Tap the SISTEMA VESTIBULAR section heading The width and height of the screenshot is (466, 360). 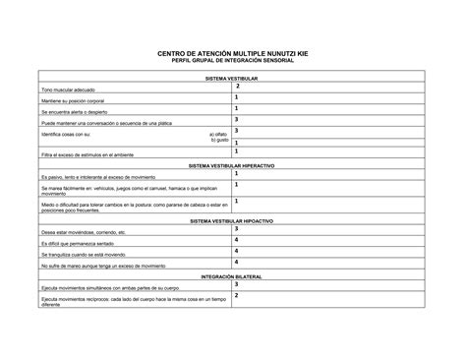(232, 77)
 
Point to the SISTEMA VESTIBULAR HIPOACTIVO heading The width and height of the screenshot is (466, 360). (232, 222)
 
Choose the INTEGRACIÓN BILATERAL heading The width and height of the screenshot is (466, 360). (232, 277)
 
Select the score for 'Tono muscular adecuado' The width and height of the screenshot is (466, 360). (237, 87)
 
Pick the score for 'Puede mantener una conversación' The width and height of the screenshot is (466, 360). (237, 120)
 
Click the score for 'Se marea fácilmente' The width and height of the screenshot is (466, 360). (237, 187)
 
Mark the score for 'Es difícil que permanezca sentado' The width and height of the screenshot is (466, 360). (237, 240)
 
